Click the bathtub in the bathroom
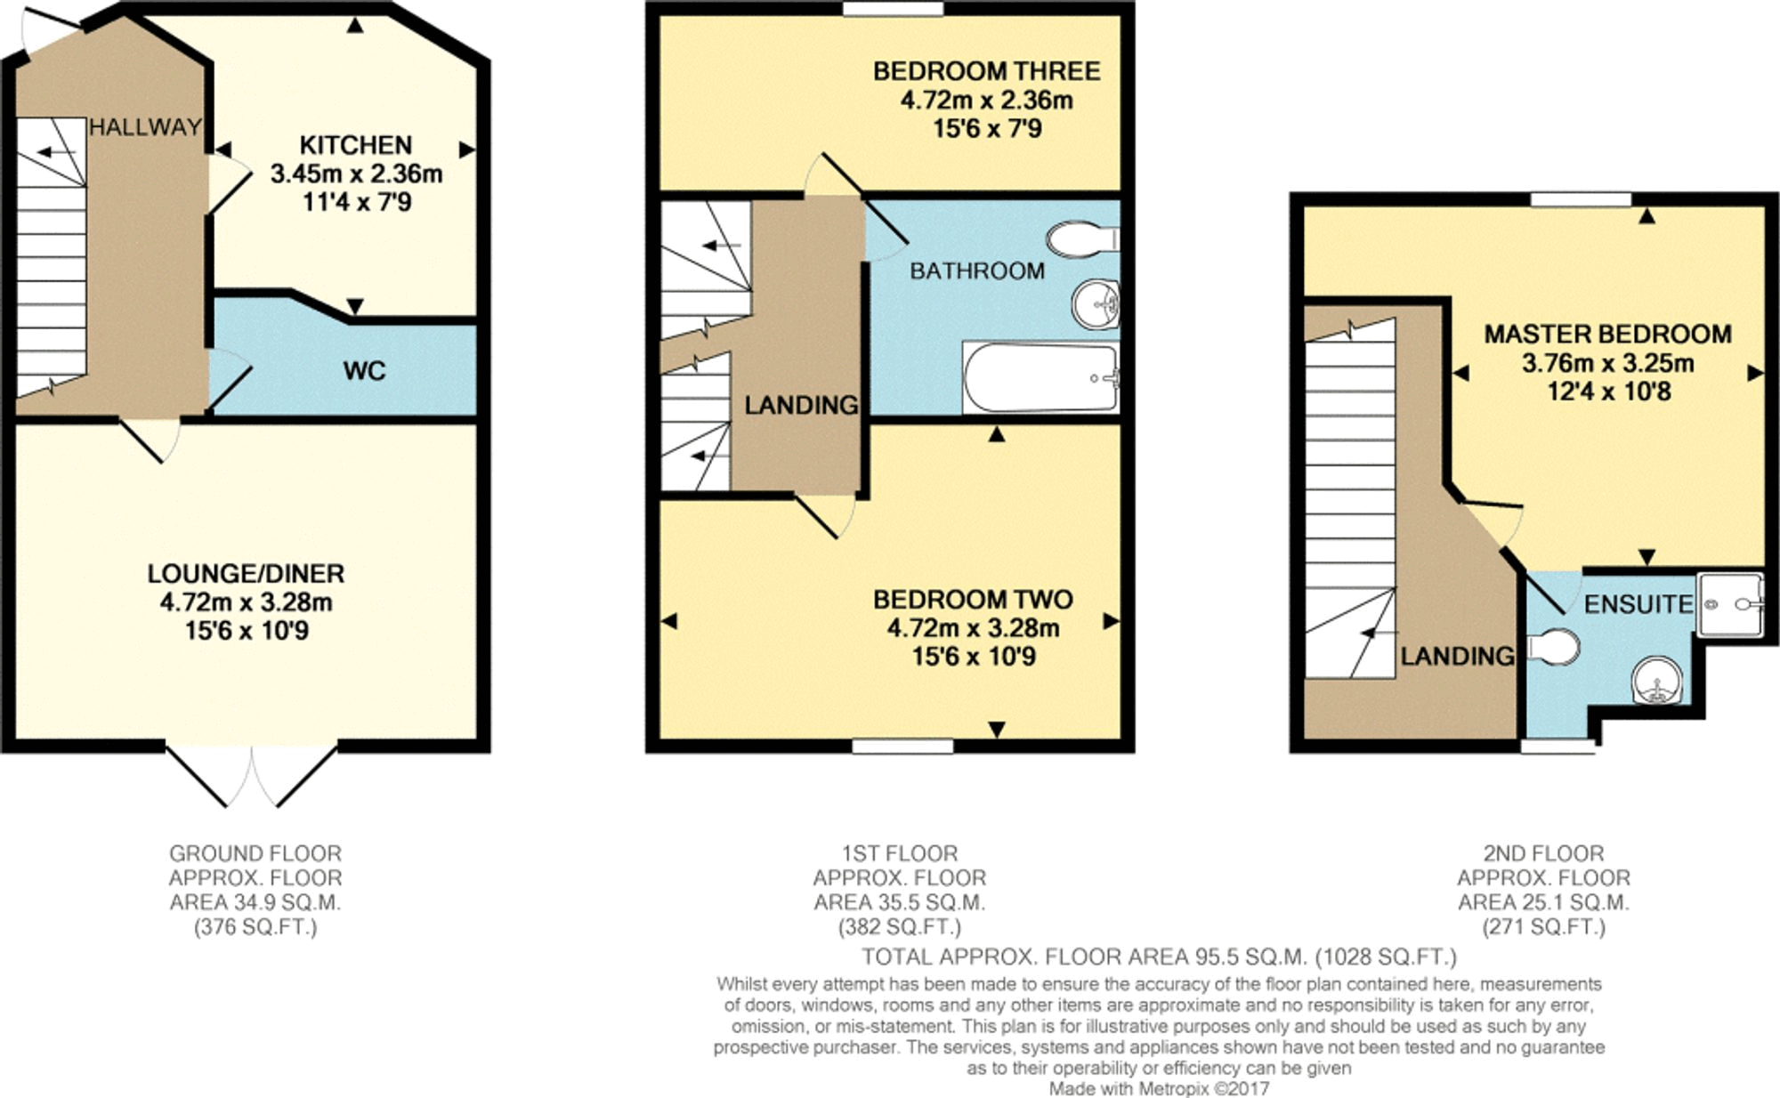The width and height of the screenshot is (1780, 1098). pyautogui.click(x=1040, y=378)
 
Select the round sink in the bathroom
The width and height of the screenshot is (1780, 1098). pyautogui.click(x=1095, y=303)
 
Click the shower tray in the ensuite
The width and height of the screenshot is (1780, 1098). pyautogui.click(x=1729, y=604)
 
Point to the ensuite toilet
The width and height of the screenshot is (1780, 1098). pyautogui.click(x=1555, y=647)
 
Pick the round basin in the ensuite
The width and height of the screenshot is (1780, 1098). pyautogui.click(x=1657, y=682)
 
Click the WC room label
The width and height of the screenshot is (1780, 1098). pyautogui.click(x=364, y=370)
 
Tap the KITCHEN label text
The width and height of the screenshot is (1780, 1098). pyautogui.click(x=355, y=145)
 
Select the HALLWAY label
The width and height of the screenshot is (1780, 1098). pyautogui.click(x=144, y=127)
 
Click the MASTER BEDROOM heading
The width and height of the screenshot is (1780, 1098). pyautogui.click(x=1607, y=335)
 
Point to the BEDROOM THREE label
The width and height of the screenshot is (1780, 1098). pyautogui.click(x=986, y=71)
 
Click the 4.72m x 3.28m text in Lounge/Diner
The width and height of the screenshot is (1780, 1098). pyautogui.click(x=246, y=602)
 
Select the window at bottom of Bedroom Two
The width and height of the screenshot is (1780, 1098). pyautogui.click(x=902, y=746)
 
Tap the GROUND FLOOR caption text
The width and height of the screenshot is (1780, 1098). pyautogui.click(x=255, y=853)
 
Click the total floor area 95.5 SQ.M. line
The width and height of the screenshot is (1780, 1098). pyautogui.click(x=1159, y=957)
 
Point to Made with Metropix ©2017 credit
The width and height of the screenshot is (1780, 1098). pyautogui.click(x=1159, y=1088)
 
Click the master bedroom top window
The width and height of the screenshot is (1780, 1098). pyautogui.click(x=1580, y=200)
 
